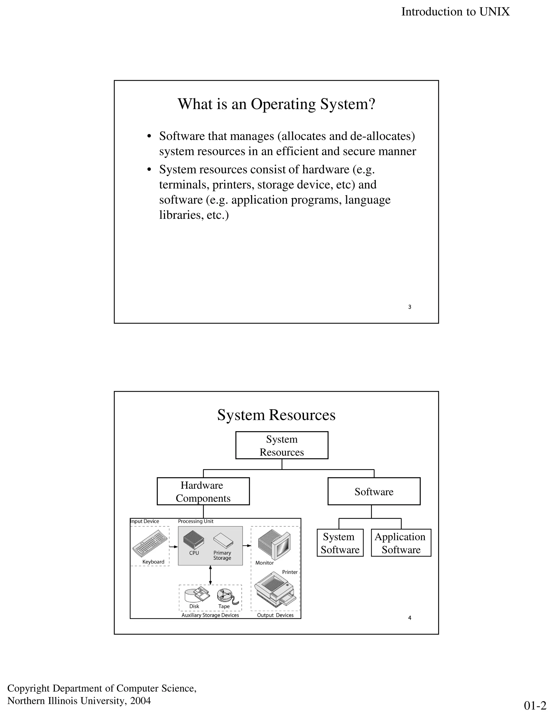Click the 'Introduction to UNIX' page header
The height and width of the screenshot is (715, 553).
tap(455, 12)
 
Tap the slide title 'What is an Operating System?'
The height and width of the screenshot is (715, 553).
tap(276, 104)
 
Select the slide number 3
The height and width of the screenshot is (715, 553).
tap(410, 307)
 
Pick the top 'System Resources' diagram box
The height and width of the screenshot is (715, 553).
tap(282, 445)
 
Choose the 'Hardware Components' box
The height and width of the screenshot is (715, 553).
tap(203, 491)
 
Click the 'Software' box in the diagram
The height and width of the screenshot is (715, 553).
tap(374, 491)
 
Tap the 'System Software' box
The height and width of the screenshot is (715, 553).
tap(340, 543)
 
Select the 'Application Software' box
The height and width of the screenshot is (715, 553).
tap(401, 543)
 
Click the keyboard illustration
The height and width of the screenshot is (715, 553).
tap(148, 543)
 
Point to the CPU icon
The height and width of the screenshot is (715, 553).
tap(194, 540)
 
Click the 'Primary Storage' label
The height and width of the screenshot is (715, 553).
tap(222, 555)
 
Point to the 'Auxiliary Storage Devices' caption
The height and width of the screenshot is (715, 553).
tap(210, 615)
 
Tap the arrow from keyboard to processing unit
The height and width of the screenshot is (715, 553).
tap(174, 546)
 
